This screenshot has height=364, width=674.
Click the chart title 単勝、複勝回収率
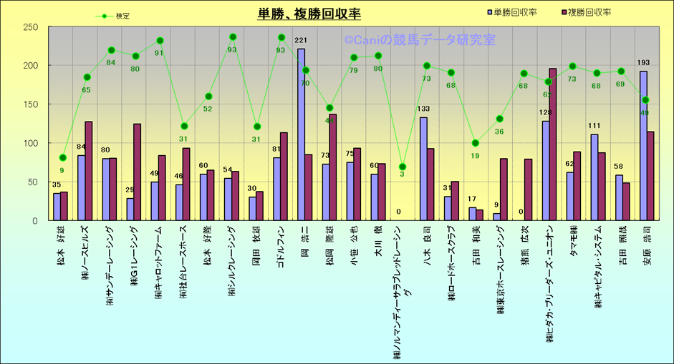[x=309, y=14]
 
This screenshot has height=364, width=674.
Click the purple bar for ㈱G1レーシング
[x=137, y=172]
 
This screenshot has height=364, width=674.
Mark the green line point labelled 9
[x=62, y=157]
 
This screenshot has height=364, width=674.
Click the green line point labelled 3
[x=403, y=167]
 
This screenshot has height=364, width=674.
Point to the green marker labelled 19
[x=476, y=142]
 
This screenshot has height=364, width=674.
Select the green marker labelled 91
[x=160, y=41]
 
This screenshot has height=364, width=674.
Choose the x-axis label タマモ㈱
[x=574, y=244]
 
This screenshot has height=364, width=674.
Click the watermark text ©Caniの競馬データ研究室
[x=420, y=41]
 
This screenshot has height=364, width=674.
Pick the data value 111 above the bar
[x=594, y=127]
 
